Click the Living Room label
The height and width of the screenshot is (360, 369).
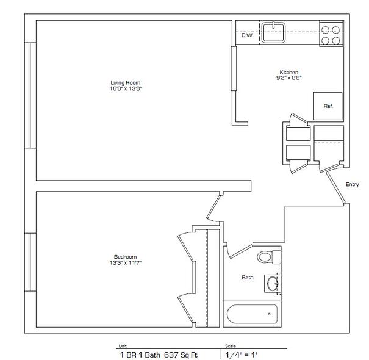click(x=126, y=83)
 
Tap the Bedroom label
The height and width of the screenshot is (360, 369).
click(x=125, y=257)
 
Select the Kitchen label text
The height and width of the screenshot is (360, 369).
click(x=289, y=72)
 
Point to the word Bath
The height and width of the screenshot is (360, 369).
click(x=248, y=278)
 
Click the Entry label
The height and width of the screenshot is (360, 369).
click(x=353, y=185)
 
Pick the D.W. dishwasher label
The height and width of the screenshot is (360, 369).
click(x=247, y=35)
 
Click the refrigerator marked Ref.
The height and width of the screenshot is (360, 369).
click(x=328, y=106)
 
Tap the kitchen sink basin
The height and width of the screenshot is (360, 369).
click(x=273, y=32)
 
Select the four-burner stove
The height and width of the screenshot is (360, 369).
click(x=331, y=34)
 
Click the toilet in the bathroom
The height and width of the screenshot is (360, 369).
click(x=269, y=256)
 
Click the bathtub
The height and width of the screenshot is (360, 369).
click(x=252, y=314)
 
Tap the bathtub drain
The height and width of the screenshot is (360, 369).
click(x=269, y=314)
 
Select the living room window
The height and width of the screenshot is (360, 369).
click(x=30, y=95)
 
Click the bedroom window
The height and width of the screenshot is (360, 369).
click(x=30, y=262)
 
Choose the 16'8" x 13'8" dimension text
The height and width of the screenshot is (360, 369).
click(x=126, y=88)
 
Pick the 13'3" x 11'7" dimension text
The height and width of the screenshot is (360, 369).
click(x=126, y=263)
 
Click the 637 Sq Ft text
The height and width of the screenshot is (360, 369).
click(x=181, y=355)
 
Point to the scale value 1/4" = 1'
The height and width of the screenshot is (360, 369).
click(x=241, y=355)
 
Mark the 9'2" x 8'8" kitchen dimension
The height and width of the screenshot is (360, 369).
click(x=289, y=78)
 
